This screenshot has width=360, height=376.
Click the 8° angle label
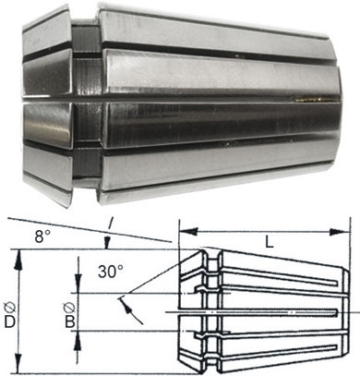click(42, 237)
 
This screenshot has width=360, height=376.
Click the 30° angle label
click(111, 272)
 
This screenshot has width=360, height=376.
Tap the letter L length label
click(270, 243)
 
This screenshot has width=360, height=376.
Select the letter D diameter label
click(10, 322)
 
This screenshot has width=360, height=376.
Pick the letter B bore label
click(70, 322)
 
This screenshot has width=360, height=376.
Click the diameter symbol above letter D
click(10, 308)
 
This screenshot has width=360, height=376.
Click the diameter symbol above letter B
click(69, 308)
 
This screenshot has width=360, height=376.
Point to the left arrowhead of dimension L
click(188, 232)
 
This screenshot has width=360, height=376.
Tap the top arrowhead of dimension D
click(19, 259)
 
